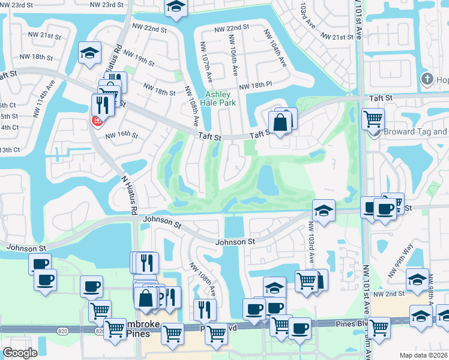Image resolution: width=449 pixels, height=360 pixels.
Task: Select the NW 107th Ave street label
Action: pyautogui.click(x=207, y=63)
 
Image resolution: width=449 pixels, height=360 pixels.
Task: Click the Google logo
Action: pyautogui.click(x=20, y=353)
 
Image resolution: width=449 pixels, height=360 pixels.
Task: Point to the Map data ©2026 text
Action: pyautogui.click(x=418, y=355)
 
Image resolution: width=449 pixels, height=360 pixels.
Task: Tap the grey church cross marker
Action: pyautogui.click(x=427, y=79)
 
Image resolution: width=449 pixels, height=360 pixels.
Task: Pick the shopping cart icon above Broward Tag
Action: pyautogui.click(x=373, y=118)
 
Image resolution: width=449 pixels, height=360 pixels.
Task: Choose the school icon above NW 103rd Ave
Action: pyautogui.click(x=324, y=210)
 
